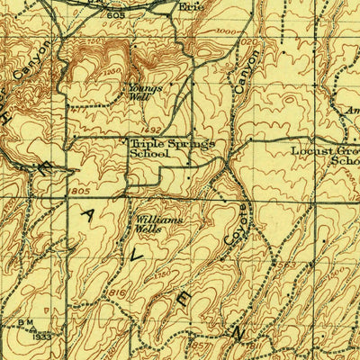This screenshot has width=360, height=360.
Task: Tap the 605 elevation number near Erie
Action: pyautogui.click(x=113, y=15)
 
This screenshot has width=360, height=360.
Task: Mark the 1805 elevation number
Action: pyautogui.click(x=79, y=190)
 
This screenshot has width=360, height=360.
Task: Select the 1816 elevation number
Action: pyautogui.click(x=118, y=293)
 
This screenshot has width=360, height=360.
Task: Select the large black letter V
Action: pyautogui.click(x=138, y=256)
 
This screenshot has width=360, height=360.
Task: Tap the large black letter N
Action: pyautogui.click(x=237, y=334)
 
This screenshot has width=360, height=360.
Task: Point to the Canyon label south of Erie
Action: pyautogui.click(x=242, y=71)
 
